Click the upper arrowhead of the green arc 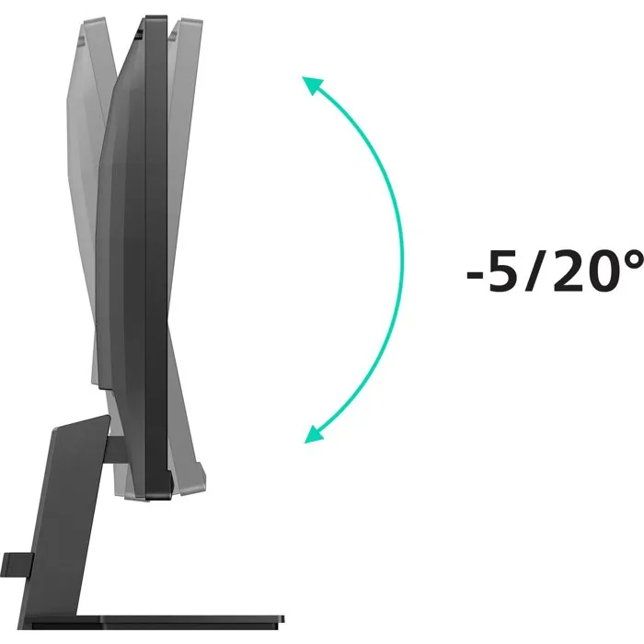[x=312, y=86]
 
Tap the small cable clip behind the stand [x=15, y=560]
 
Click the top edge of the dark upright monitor [x=155, y=17]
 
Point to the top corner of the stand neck [x=102, y=419]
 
